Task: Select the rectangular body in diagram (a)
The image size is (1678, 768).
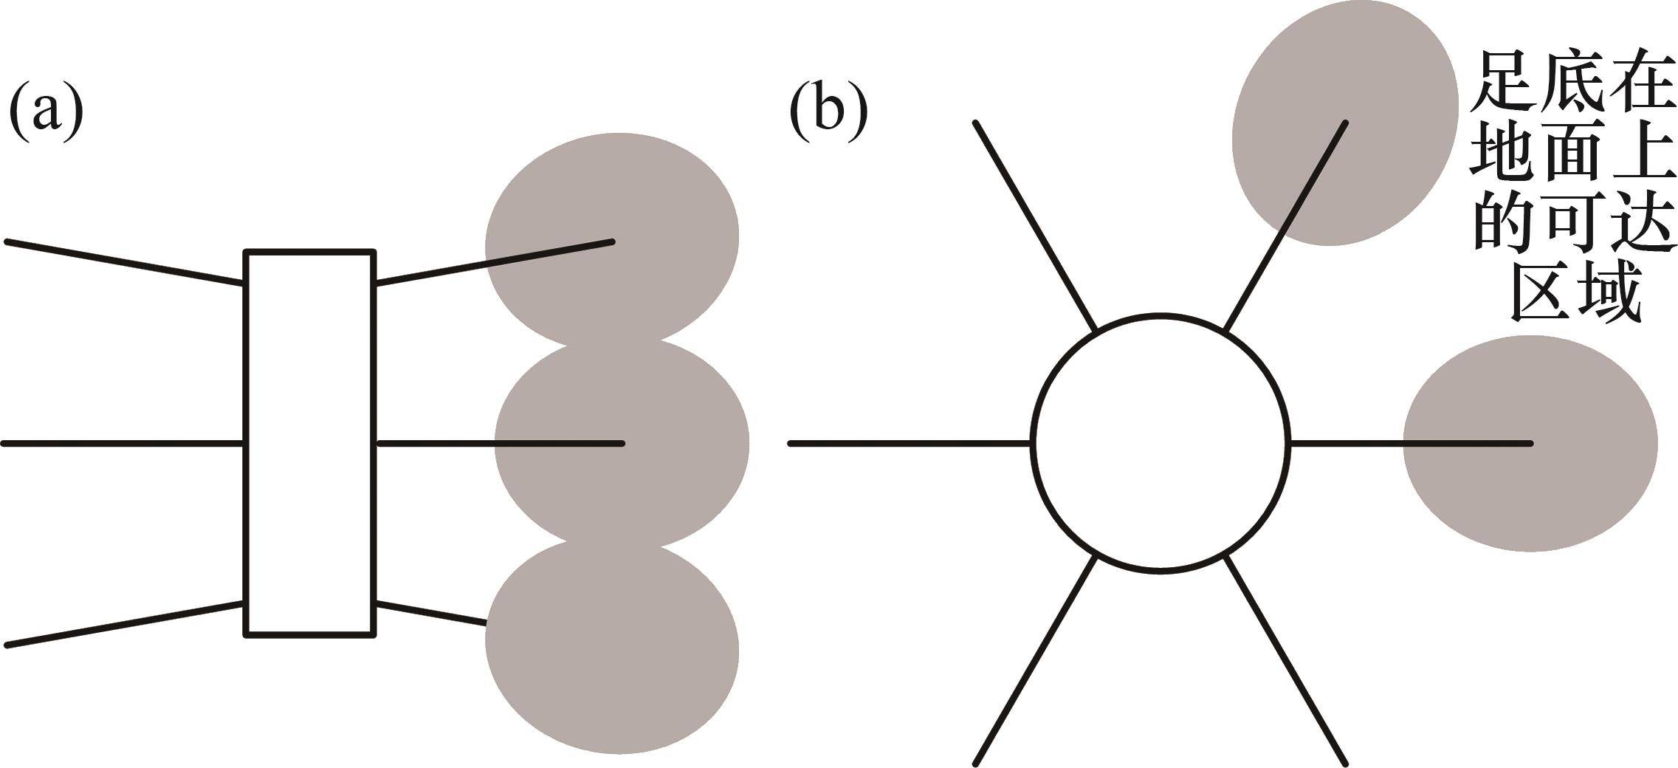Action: click(310, 442)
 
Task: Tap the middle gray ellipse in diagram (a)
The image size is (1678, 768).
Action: click(622, 443)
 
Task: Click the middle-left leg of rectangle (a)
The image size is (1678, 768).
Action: click(123, 443)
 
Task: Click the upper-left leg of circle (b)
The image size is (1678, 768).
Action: click(1034, 224)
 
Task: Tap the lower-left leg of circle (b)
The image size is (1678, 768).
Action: click(1034, 662)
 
